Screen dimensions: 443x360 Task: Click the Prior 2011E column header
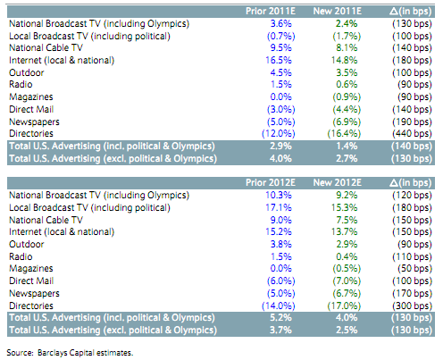(271, 12)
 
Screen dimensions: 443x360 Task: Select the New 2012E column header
(337, 182)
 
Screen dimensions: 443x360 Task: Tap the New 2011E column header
(337, 12)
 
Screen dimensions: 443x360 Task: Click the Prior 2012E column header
(271, 182)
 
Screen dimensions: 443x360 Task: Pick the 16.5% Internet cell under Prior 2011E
(279, 60)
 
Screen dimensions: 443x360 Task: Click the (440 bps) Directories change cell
(412, 134)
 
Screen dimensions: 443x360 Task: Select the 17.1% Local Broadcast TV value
(279, 207)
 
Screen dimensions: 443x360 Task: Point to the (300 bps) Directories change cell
(412, 306)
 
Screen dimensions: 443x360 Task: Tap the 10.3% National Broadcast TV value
(279, 195)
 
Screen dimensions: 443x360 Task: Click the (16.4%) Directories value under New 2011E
(344, 134)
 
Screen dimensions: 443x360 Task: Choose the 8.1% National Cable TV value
(347, 48)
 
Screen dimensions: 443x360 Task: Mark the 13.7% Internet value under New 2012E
(344, 231)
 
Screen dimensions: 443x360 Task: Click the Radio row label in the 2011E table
(21, 84)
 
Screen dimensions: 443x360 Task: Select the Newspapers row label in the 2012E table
(34, 294)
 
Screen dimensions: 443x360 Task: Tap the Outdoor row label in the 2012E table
(27, 244)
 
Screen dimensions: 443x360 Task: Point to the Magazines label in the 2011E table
(31, 97)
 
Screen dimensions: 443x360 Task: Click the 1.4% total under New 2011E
(347, 147)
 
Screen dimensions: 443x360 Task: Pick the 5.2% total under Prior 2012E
(280, 317)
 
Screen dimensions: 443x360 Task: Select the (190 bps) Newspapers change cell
(412, 121)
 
